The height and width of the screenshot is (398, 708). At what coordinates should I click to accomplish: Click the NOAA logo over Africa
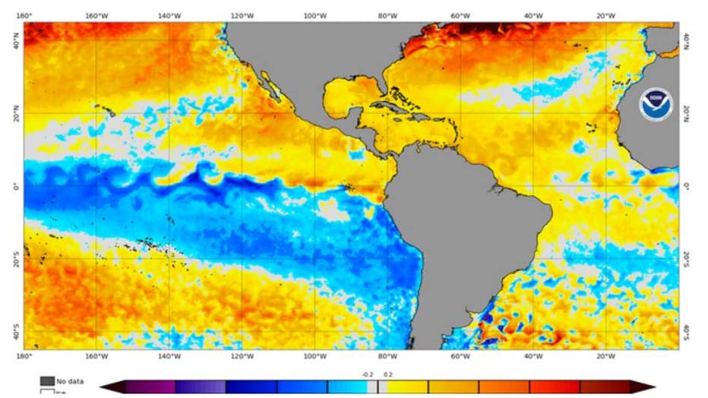(x=655, y=106)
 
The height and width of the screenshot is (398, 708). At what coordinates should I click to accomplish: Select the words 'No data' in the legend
(x=70, y=381)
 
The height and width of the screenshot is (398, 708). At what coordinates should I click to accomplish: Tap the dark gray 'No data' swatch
(x=47, y=381)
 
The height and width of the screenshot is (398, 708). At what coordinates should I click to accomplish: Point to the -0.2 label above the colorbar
(x=368, y=374)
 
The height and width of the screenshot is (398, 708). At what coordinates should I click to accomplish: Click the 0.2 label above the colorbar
(x=387, y=374)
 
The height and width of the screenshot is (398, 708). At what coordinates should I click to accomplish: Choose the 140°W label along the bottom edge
(x=169, y=356)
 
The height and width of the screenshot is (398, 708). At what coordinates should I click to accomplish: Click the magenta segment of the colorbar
(x=150, y=387)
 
